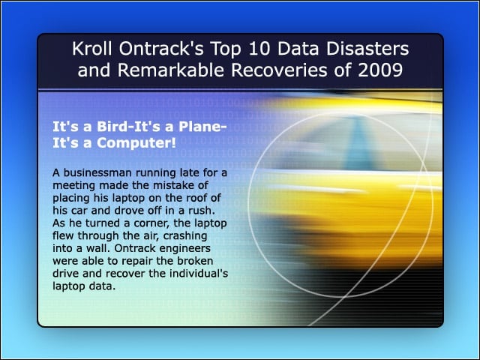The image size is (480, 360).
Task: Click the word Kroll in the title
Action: [92, 49]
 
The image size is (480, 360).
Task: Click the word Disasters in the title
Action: [367, 49]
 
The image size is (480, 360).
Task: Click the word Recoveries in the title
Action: [280, 70]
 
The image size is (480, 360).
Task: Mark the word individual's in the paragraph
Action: [199, 273]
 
